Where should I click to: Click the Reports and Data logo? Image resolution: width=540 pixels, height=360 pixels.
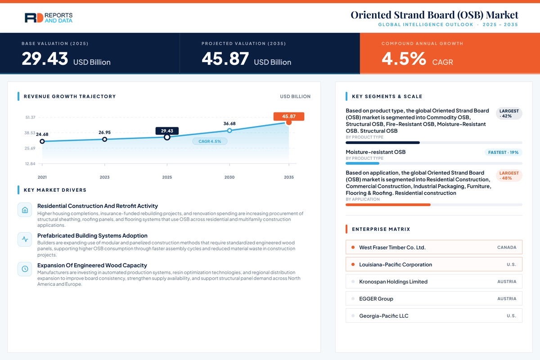click(x=49, y=18)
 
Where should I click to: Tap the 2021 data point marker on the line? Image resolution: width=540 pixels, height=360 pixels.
click(x=42, y=141)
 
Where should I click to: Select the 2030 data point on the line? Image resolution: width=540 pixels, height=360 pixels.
click(x=229, y=130)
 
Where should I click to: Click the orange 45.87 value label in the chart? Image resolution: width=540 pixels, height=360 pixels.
click(x=289, y=117)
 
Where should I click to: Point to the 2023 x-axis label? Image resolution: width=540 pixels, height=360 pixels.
click(x=104, y=177)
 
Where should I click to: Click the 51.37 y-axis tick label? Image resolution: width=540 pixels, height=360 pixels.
click(x=31, y=117)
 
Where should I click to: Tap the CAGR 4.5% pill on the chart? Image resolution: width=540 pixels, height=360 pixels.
click(x=210, y=141)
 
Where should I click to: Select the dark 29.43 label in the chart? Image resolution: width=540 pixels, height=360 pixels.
click(x=167, y=131)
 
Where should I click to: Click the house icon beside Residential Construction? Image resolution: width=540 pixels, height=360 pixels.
click(x=25, y=210)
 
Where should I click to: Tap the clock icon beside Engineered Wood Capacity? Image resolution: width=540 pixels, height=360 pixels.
click(x=25, y=269)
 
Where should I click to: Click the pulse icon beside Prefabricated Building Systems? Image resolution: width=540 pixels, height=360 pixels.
click(x=25, y=239)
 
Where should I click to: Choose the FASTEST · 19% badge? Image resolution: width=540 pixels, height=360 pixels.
click(x=504, y=153)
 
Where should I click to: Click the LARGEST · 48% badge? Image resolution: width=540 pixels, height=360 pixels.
click(x=509, y=175)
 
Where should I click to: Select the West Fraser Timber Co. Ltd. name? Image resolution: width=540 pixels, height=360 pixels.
click(x=392, y=247)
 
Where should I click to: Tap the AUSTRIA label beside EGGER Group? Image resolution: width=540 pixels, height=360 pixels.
click(x=507, y=299)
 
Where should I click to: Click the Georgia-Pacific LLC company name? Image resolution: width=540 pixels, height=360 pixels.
click(x=384, y=316)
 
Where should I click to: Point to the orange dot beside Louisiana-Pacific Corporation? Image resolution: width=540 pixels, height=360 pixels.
click(x=353, y=265)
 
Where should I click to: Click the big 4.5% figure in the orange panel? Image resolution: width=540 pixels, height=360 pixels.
click(x=404, y=59)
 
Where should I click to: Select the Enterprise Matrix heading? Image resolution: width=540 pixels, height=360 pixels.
click(x=381, y=229)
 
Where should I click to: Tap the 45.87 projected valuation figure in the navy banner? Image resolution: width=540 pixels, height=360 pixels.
click(x=225, y=59)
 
